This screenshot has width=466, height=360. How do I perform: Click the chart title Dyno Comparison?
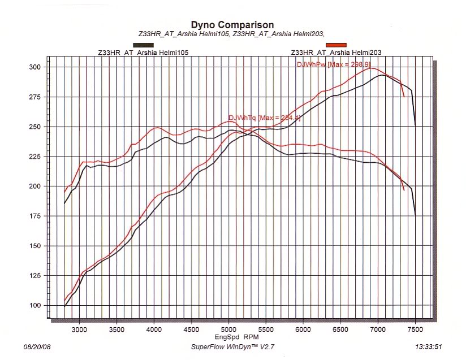tap(232, 25)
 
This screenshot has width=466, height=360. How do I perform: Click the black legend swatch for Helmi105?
tap(143, 45)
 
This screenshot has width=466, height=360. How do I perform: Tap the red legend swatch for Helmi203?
tap(336, 45)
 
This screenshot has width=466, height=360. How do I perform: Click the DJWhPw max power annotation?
tap(338, 64)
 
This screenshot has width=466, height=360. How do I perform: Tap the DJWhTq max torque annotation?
tap(256, 118)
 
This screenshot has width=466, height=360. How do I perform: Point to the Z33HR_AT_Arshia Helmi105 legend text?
tap(143, 53)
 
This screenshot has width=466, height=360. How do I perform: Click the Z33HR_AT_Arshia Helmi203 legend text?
tap(336, 53)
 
